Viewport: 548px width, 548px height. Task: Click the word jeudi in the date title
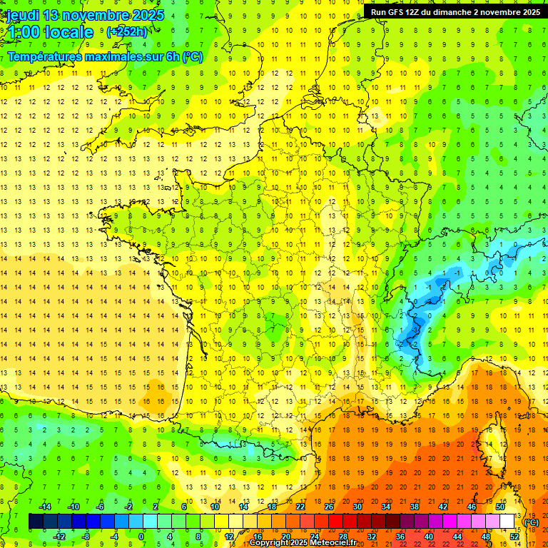[x=22, y=15]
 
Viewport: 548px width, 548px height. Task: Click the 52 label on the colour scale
[x=514, y=537]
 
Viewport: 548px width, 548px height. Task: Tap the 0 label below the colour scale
[x=141, y=537]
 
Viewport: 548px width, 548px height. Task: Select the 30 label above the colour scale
[x=357, y=507]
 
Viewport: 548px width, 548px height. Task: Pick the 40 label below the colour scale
[x=429, y=537]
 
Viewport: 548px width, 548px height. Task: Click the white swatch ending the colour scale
[x=507, y=522]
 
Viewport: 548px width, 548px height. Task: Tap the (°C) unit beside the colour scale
[x=532, y=522]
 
